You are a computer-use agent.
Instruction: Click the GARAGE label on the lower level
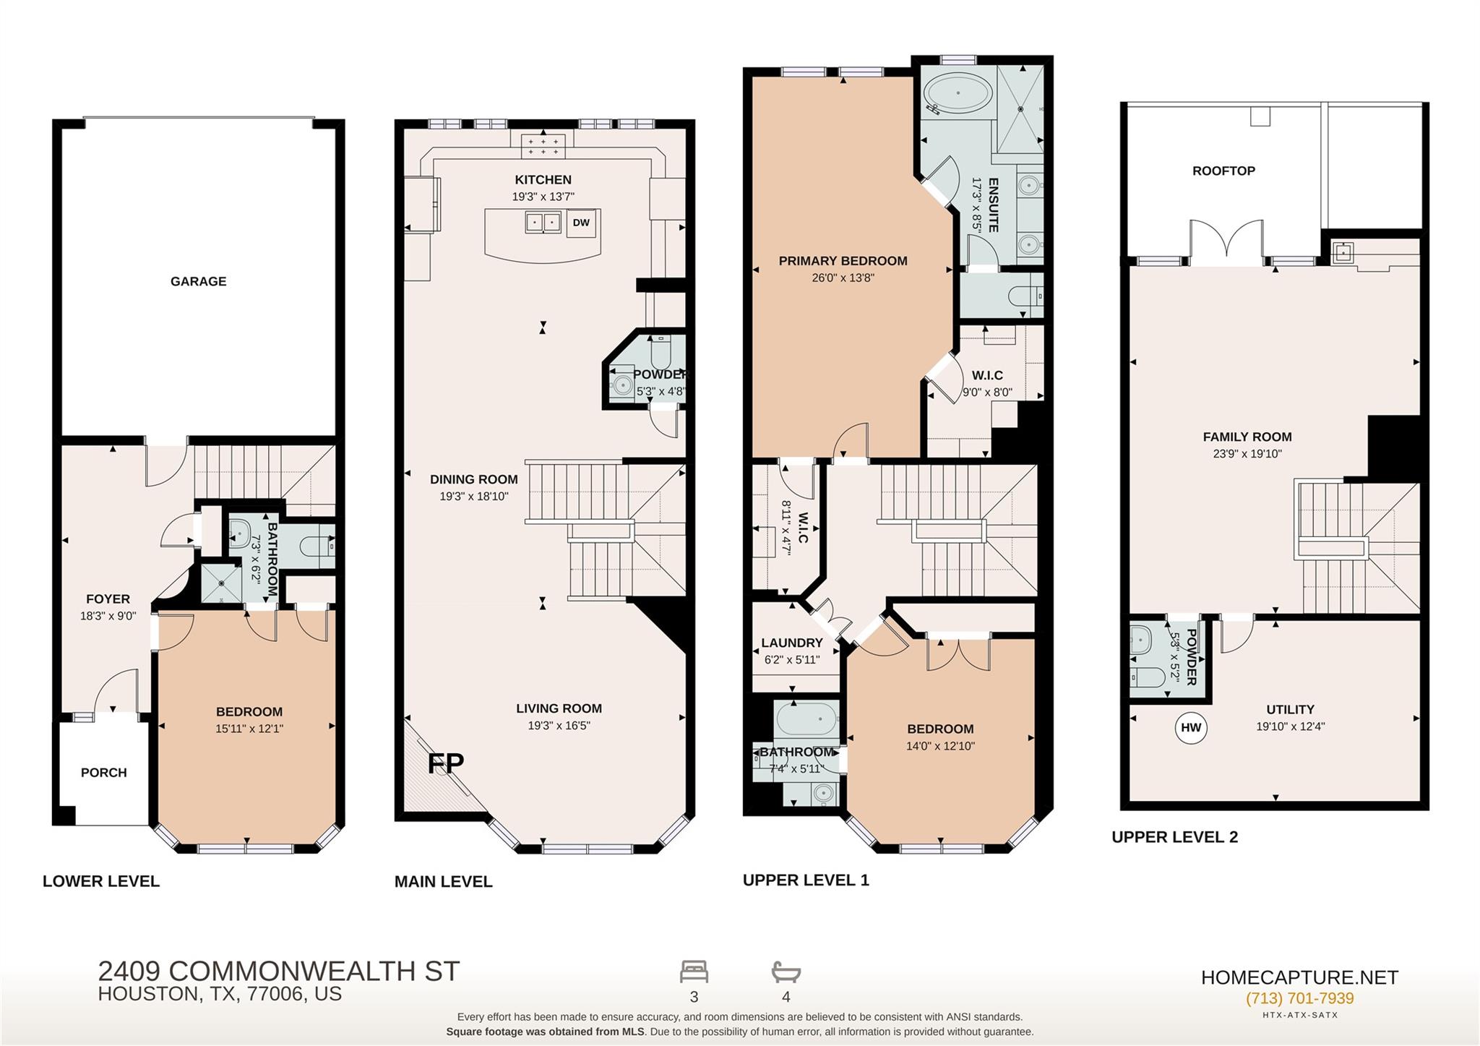[x=198, y=281]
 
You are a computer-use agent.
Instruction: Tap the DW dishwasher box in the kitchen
[x=581, y=223]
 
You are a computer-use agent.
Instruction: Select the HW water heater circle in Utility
[x=1191, y=727]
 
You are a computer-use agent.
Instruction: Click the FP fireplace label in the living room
[x=445, y=763]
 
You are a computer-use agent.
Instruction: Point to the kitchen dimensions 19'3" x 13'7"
[x=543, y=197]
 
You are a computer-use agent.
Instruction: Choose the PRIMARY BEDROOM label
[x=843, y=261]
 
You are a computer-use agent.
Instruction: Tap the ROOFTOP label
[x=1223, y=171]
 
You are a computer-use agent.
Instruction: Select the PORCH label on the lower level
[x=104, y=772]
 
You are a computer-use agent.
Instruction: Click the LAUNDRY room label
[x=792, y=643]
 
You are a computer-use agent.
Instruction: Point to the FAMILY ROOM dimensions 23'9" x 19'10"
[x=1247, y=454]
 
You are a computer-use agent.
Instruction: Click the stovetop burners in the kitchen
[x=543, y=147]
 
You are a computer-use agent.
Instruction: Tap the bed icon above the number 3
[x=694, y=972]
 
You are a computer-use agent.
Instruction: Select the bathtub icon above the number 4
[x=786, y=972]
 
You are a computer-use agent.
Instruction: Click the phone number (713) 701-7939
[x=1299, y=998]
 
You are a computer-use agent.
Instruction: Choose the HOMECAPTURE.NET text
[x=1299, y=977]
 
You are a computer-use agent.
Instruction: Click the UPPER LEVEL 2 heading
[x=1174, y=837]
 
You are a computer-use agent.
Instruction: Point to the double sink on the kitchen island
[x=543, y=222]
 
